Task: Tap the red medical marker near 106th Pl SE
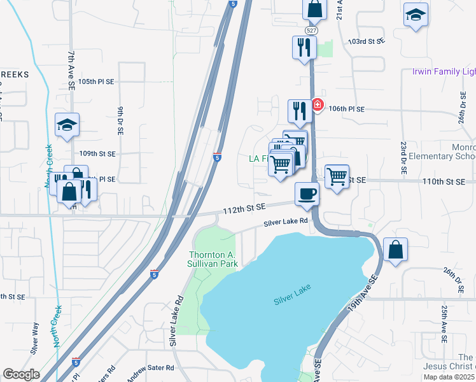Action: click(x=318, y=105)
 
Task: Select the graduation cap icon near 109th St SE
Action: click(x=67, y=125)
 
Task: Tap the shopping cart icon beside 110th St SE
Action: click(x=337, y=176)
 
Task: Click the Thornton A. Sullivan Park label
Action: click(x=213, y=259)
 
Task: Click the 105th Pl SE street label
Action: click(x=96, y=82)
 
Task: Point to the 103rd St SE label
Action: click(x=367, y=40)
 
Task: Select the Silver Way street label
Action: click(x=35, y=337)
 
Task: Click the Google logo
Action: click(x=21, y=374)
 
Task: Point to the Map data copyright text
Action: click(x=449, y=377)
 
